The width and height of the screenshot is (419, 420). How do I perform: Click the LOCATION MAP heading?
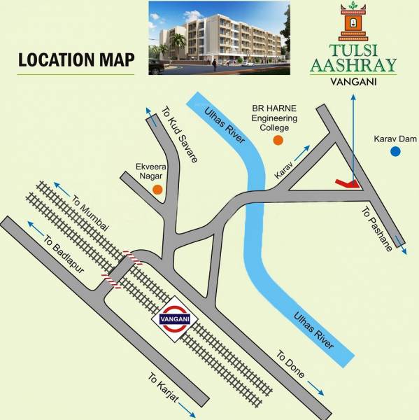(x=76, y=59)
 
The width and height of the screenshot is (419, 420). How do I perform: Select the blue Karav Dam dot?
(x=395, y=150)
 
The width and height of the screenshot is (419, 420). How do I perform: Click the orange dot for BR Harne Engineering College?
(x=278, y=141)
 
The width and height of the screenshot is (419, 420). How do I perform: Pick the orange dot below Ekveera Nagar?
(x=158, y=189)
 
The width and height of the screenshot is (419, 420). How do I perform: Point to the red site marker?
(x=348, y=183)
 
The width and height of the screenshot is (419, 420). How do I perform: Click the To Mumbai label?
(x=91, y=215)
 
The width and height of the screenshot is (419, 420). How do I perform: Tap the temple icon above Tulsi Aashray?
(x=352, y=21)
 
